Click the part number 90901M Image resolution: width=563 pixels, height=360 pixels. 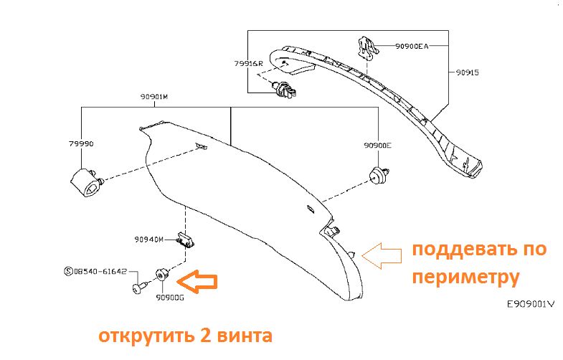(153, 96)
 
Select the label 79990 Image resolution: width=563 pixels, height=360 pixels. (82, 143)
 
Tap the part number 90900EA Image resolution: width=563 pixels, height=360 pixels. (411, 46)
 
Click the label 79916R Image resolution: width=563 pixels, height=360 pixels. (248, 63)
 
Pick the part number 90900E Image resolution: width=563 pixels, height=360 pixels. (378, 145)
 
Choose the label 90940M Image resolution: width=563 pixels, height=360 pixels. (148, 239)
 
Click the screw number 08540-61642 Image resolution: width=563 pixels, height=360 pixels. (100, 272)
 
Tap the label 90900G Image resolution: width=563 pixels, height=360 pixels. (171, 297)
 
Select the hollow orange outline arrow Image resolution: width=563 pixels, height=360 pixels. (382, 253)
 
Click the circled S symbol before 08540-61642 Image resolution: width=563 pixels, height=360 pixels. (69, 272)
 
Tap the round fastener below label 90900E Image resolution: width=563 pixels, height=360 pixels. (376, 174)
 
